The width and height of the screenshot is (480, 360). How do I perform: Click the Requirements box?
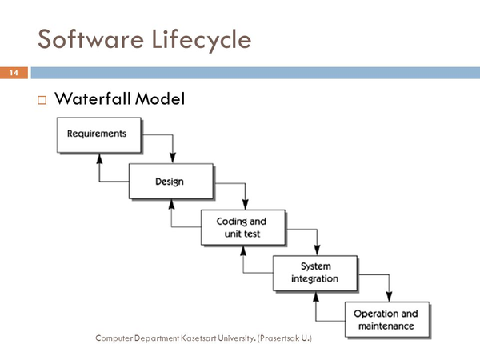coord(99,134)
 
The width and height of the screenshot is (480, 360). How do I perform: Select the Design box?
coord(171,182)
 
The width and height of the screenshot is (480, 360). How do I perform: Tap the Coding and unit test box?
coord(243,227)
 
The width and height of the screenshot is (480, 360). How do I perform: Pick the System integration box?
coord(315,273)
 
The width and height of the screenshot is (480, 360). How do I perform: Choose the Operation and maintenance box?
coord(387,319)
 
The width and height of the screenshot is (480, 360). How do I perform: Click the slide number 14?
coord(14,73)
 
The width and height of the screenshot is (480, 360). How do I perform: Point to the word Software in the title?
coord(90,39)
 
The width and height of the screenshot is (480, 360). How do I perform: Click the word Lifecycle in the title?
coord(202,41)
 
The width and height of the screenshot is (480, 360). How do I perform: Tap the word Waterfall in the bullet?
coord(93,98)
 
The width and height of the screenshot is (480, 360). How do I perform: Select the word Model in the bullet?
coord(160,98)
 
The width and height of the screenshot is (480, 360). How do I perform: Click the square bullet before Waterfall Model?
coord(42,100)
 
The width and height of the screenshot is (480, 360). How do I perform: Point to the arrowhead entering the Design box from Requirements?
coord(173,158)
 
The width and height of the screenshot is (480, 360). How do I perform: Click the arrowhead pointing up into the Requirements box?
coord(99,158)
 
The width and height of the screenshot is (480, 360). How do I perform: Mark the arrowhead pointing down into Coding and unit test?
coord(245,205)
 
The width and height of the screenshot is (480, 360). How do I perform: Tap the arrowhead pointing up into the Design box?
coord(171,205)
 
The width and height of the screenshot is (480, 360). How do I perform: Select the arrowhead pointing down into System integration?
coord(317,250)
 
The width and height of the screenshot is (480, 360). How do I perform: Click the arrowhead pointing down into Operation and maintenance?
coord(389,297)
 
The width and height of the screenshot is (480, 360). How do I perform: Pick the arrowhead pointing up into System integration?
coord(316,297)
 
